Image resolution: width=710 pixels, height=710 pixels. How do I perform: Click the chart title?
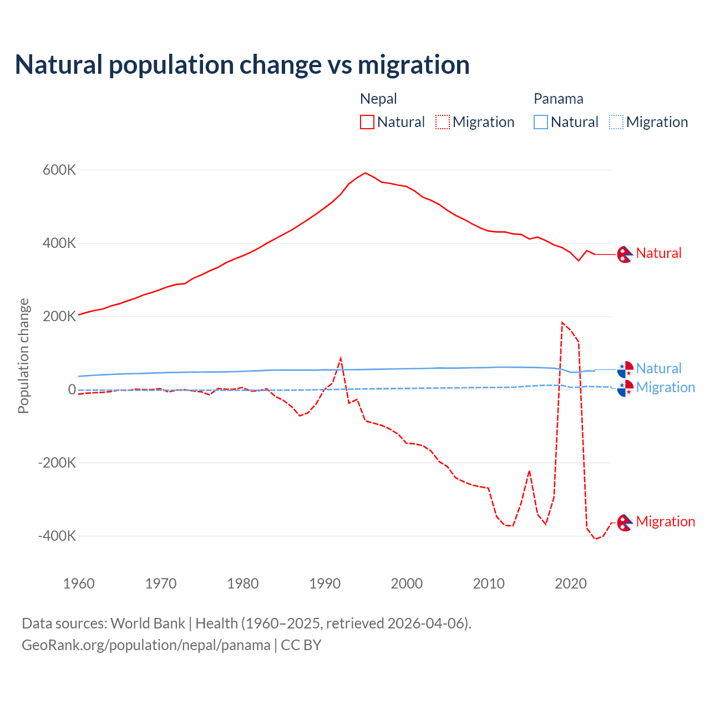pyautogui.click(x=242, y=65)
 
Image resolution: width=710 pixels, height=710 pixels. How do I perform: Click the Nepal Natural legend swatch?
pyautogui.click(x=367, y=122)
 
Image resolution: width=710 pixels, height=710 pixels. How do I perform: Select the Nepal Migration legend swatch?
pyautogui.click(x=443, y=122)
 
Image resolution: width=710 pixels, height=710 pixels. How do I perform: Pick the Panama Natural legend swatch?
pyautogui.click(x=541, y=122)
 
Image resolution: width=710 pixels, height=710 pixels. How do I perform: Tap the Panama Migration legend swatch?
pyautogui.click(x=616, y=122)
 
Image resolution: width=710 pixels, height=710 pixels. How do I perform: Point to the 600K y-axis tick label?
pyautogui.click(x=59, y=170)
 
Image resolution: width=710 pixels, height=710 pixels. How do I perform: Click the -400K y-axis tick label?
pyautogui.click(x=57, y=536)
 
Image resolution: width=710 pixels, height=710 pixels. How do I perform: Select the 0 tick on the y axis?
pyautogui.click(x=72, y=390)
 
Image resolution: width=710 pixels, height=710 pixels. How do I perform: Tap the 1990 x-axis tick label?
pyautogui.click(x=325, y=584)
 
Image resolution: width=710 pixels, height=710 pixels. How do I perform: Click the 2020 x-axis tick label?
pyautogui.click(x=571, y=584)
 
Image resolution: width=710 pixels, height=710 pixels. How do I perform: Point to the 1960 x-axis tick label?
pyautogui.click(x=79, y=584)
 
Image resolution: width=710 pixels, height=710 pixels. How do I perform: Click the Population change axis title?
pyautogui.click(x=23, y=356)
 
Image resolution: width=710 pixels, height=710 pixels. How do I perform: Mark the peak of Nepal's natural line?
pyautogui.click(x=365, y=173)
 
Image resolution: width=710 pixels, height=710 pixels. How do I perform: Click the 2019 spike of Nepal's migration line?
pyautogui.click(x=562, y=322)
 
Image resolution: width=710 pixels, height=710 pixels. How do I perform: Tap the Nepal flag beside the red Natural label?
pyautogui.click(x=625, y=254)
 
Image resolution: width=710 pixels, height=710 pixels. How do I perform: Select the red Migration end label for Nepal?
pyautogui.click(x=665, y=521)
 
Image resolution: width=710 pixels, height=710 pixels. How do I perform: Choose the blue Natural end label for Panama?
pyautogui.click(x=658, y=368)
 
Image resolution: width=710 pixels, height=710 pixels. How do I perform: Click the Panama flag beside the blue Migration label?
pyautogui.click(x=625, y=388)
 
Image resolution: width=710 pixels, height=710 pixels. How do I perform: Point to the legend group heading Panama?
pyautogui.click(x=558, y=99)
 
